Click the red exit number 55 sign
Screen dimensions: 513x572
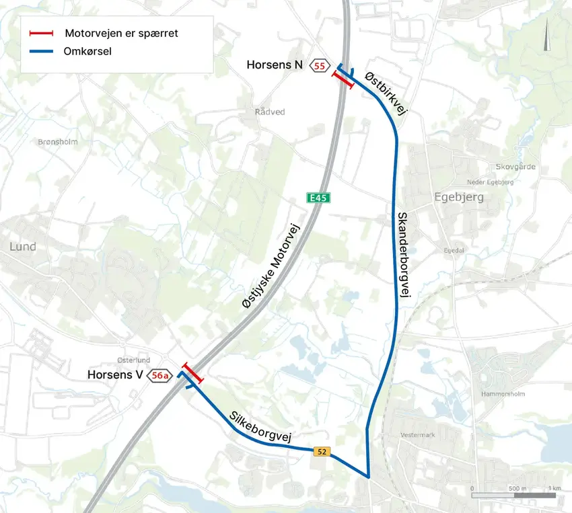319,65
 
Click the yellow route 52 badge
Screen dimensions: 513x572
322,452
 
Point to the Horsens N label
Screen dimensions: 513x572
274,65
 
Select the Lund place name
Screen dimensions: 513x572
22,247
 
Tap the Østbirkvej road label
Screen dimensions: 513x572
386,95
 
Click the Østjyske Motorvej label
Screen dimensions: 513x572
272,266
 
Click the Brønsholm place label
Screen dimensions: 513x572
59,142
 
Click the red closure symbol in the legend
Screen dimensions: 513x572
41,33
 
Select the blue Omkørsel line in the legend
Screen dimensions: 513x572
41,50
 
